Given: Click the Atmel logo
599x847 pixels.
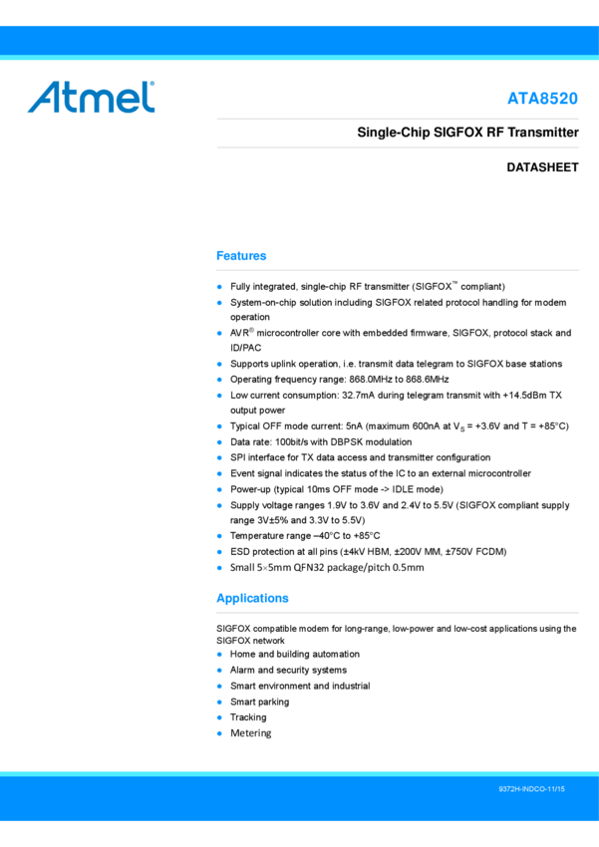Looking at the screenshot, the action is pyautogui.click(x=92, y=98).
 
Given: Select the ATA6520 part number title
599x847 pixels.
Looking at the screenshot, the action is pyautogui.click(x=542, y=99).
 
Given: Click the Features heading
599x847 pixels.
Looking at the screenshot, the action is pyautogui.click(x=241, y=256).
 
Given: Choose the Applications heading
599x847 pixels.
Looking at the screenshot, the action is pyautogui.click(x=252, y=599).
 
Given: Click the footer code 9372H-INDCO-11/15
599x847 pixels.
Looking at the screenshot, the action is pyautogui.click(x=531, y=789).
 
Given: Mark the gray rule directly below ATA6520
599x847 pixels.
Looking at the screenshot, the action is pyautogui.click(x=398, y=119).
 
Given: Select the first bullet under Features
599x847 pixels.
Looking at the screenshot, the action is pyautogui.click(x=219, y=287).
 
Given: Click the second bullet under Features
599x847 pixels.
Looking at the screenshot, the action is pyautogui.click(x=219, y=302).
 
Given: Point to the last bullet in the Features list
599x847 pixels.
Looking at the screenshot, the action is pyautogui.click(x=219, y=567).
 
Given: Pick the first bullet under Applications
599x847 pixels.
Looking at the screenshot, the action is pyautogui.click(x=219, y=654).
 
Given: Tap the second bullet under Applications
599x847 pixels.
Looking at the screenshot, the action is pyautogui.click(x=219, y=670).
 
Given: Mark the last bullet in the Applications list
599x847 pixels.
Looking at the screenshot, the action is pyautogui.click(x=219, y=732).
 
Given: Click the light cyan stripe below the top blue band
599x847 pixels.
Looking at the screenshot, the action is pyautogui.click(x=299, y=58).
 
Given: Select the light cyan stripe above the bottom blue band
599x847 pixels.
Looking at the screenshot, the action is pyautogui.click(x=299, y=773).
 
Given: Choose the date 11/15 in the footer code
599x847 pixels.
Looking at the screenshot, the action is pyautogui.click(x=554, y=789).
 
